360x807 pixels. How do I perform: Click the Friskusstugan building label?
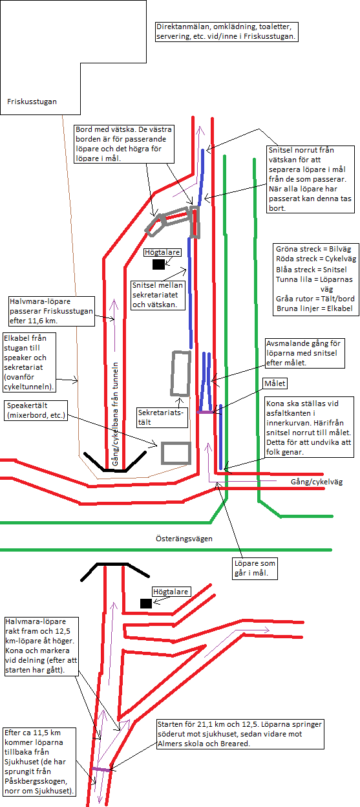click(32, 102)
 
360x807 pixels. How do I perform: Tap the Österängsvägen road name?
click(184, 539)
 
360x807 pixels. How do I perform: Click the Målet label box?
click(275, 383)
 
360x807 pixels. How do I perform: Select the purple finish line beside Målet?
click(206, 412)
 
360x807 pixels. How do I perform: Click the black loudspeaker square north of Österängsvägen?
click(158, 264)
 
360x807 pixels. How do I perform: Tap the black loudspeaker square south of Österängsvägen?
click(146, 603)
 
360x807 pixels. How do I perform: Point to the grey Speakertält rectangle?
click(176, 453)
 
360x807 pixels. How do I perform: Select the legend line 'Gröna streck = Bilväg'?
click(313, 249)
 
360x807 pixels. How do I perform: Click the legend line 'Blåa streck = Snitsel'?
click(312, 270)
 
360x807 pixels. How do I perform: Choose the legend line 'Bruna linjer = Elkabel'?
click(315, 308)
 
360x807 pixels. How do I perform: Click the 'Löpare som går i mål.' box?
click(255, 568)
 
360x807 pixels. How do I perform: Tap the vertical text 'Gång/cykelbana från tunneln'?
click(115, 414)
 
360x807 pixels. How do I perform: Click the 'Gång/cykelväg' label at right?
click(317, 482)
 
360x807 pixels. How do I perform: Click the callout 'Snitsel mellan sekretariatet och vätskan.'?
click(158, 295)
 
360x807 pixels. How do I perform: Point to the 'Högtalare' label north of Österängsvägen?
click(162, 252)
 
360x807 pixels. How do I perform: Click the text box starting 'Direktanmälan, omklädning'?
click(226, 32)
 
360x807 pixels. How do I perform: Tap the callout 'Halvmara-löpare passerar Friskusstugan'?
click(52, 311)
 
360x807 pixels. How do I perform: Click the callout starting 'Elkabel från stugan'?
click(29, 363)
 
